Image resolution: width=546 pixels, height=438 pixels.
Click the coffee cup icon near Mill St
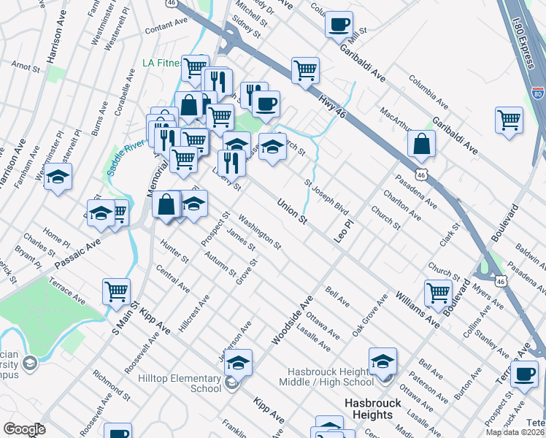pos(338,24)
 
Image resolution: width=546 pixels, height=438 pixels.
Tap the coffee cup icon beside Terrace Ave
pos(523,374)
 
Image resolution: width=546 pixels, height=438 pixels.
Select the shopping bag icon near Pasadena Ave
pos(422,144)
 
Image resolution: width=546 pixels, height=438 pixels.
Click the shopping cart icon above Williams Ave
pos(438,293)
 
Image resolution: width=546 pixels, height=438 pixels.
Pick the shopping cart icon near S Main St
pos(117,291)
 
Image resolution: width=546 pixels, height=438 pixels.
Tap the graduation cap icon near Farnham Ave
pos(58,177)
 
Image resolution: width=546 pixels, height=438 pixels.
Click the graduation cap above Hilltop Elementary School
pos(238,361)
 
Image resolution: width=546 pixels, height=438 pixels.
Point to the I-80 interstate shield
pos(537,93)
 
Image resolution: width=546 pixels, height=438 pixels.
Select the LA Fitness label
pos(161,63)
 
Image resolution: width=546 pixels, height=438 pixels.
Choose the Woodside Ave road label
pos(291,320)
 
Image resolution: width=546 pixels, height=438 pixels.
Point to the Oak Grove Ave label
pos(368,316)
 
